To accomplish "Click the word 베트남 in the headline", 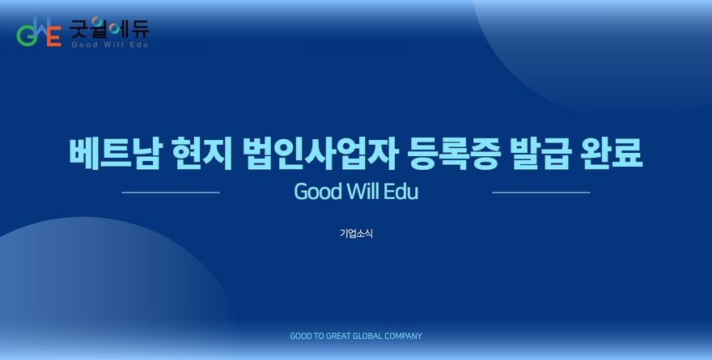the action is pos(115,154).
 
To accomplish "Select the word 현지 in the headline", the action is pos(202,154).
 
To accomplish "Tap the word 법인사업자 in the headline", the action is pos(320,154).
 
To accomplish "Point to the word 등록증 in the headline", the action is pos(454,154).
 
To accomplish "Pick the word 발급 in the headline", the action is pos(540,154).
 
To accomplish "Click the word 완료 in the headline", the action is pos(612,154).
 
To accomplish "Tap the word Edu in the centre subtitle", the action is pos(400,191).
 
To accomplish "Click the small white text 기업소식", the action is pos(356,233).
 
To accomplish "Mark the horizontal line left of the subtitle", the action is pos(171,193).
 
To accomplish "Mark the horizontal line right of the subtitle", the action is pos(541,193).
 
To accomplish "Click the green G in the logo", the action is pos(26,36).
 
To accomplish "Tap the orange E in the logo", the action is pos(54,36).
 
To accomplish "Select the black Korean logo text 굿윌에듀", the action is pos(109,28).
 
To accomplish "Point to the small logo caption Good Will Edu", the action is pos(110,44).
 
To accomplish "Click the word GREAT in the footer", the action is pos(338,336).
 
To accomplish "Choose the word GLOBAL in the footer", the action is pos(367,336).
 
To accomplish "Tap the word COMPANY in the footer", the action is pos(403,336).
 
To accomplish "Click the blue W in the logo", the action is pos(41,28).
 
